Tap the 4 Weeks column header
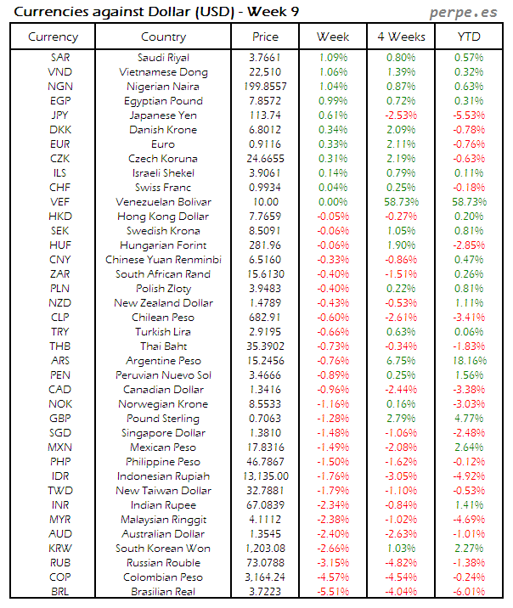tap(400, 37)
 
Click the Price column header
tap(265, 37)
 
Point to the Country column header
tap(163, 37)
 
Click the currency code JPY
tap(59, 115)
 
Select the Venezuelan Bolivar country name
tap(163, 202)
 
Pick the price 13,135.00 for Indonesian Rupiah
tap(265, 476)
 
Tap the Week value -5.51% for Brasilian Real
tap(332, 591)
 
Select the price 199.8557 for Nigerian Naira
tap(265, 87)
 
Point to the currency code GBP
tap(59, 419)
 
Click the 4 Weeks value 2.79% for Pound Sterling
tap(400, 419)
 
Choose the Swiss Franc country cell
tap(163, 188)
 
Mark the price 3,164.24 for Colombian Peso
tap(265, 577)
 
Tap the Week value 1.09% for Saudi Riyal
tap(332, 58)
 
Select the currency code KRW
tap(59, 548)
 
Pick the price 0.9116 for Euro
tap(265, 144)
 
